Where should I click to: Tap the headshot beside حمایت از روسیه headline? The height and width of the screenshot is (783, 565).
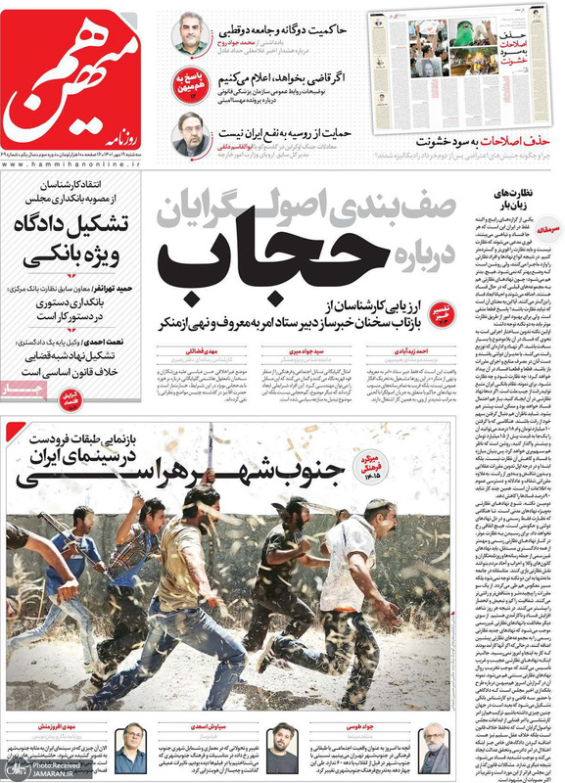tap(189, 134)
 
